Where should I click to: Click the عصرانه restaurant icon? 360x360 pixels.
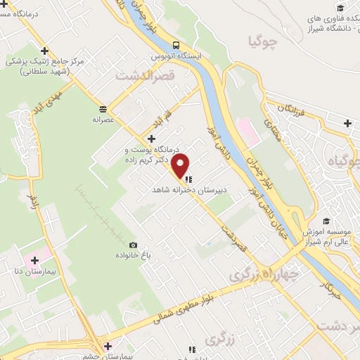coord(103,109)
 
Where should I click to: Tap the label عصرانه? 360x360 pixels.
coord(103,120)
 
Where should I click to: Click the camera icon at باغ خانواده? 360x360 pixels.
coord(133,245)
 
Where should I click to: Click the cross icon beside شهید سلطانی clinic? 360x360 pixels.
coord(44,51)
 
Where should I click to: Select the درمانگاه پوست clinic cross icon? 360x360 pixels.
coord(152,139)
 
